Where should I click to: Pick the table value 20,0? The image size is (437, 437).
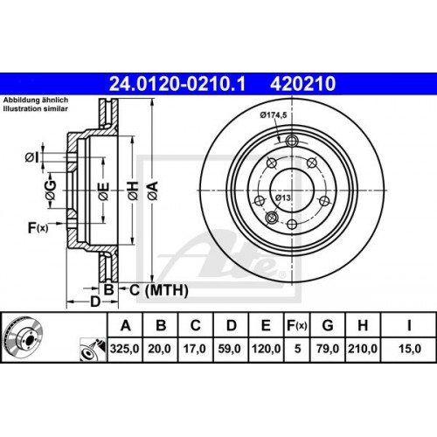click(160, 348)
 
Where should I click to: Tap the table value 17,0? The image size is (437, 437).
click(196, 348)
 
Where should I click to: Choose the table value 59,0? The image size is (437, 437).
click(232, 348)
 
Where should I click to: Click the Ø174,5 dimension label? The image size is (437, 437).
click(274, 115)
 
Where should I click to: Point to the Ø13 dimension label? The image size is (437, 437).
click(283, 197)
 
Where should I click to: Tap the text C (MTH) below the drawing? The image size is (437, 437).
click(149, 288)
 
